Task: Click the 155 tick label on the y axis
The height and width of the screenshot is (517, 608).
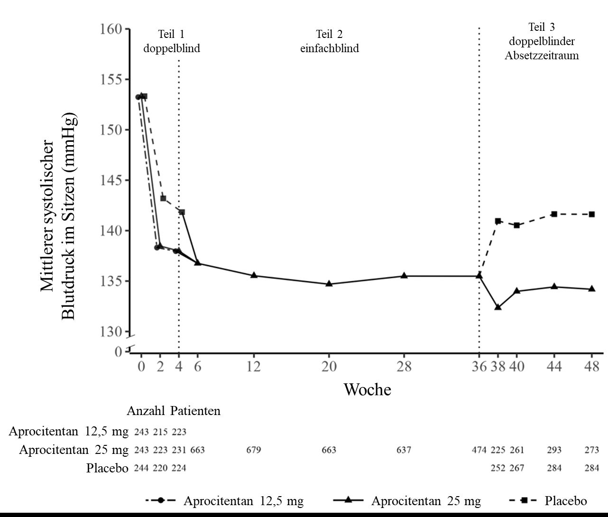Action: [x=110, y=79]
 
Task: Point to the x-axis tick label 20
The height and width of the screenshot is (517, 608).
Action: [x=329, y=367]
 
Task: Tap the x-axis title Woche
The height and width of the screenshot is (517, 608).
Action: [x=368, y=390]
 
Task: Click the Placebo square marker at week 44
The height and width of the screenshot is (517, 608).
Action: [x=554, y=214]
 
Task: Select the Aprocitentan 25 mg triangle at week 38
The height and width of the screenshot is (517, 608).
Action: [x=498, y=307]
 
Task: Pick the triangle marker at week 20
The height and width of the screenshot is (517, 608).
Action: [x=329, y=284]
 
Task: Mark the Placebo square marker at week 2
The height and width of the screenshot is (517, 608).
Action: [x=163, y=198]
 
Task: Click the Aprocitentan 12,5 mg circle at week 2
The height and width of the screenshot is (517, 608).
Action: [x=157, y=248]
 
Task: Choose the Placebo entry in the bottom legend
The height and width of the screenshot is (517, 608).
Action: [x=565, y=501]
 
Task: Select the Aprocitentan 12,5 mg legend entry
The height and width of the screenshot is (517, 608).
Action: [x=243, y=501]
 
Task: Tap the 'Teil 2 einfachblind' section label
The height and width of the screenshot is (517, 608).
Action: [x=330, y=41]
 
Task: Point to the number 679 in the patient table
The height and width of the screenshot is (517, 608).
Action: [x=254, y=450]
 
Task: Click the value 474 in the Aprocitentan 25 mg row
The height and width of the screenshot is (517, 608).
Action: [x=479, y=450]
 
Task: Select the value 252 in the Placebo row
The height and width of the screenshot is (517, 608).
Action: [x=498, y=468]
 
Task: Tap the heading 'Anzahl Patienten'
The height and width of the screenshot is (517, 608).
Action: [x=174, y=411]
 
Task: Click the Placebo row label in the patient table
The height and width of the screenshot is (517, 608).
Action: [x=107, y=469]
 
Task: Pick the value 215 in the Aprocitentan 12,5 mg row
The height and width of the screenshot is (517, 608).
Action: [x=160, y=432]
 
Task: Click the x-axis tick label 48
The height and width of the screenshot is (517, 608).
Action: [x=592, y=367]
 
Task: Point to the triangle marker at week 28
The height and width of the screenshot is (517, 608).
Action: [x=404, y=276]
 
